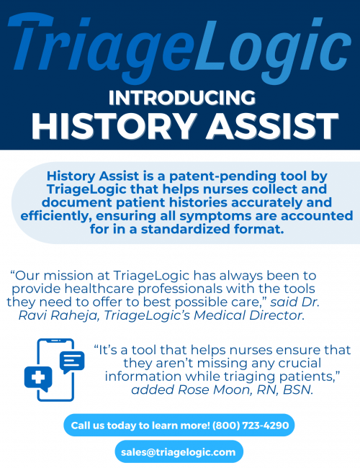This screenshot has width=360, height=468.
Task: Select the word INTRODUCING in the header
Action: point(180,97)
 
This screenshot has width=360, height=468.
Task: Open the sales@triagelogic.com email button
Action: point(178,451)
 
